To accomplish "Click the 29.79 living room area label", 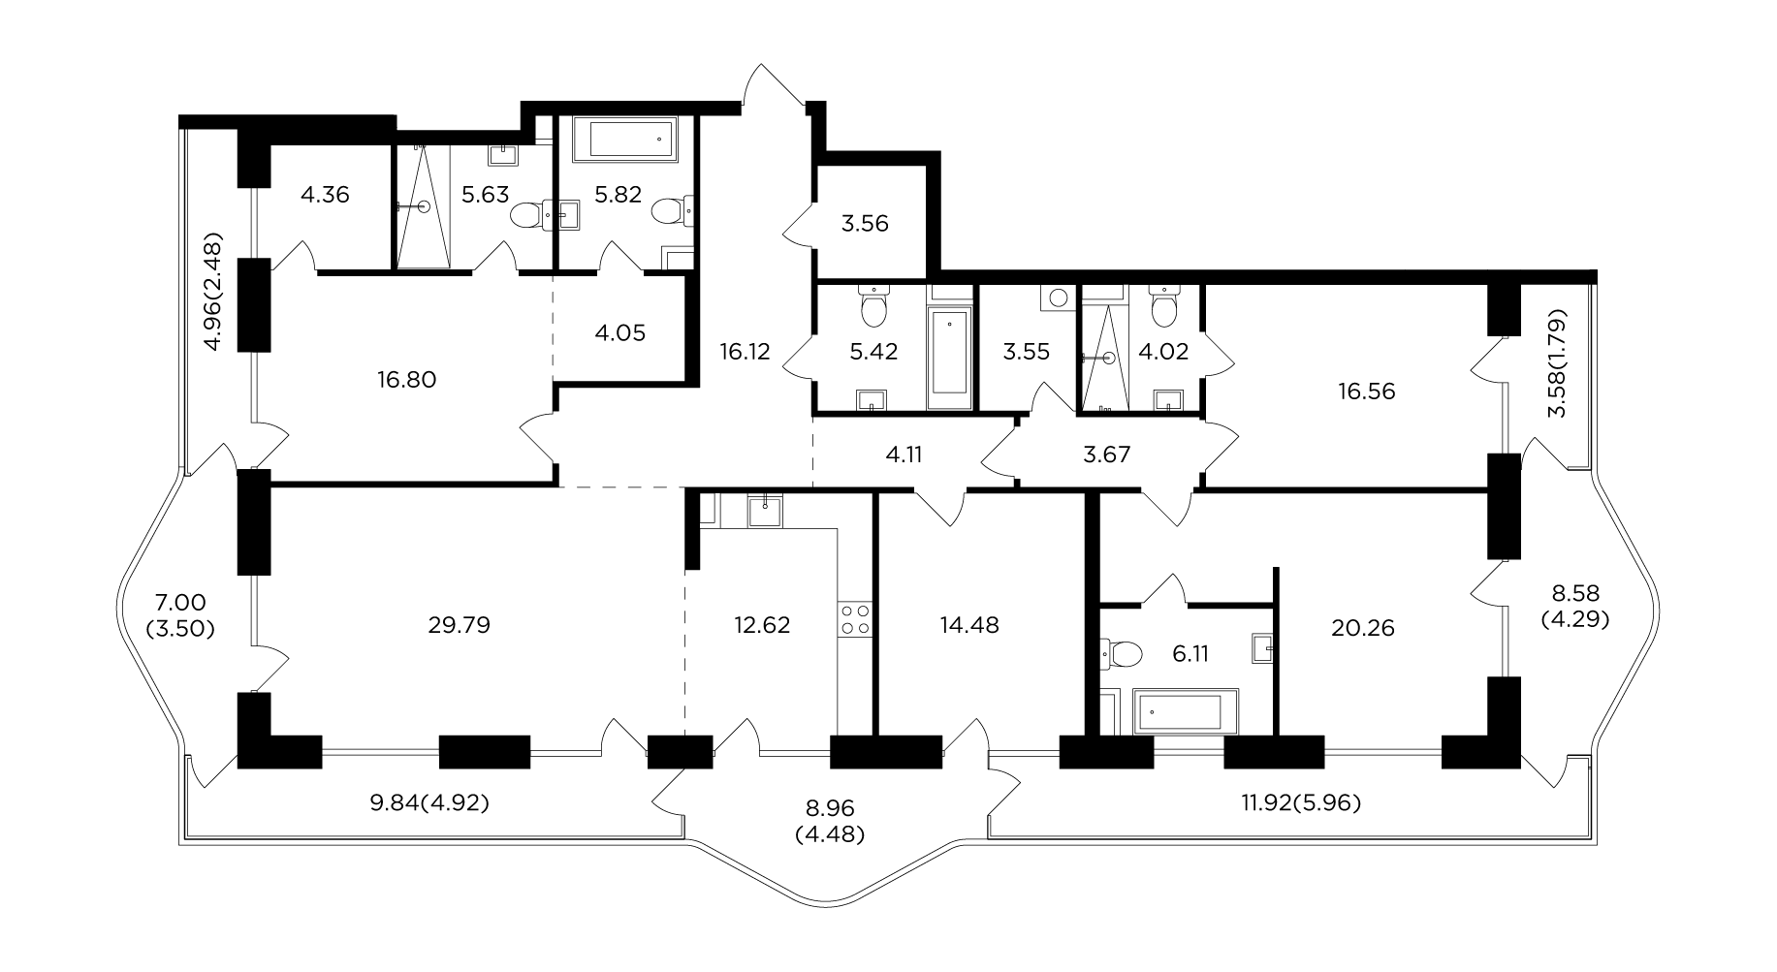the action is (x=459, y=625).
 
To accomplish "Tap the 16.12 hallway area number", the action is (x=745, y=351).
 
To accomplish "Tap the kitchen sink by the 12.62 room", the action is (x=766, y=509).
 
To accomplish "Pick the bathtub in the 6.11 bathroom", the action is (x=1186, y=710).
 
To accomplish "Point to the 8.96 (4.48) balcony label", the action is (x=829, y=820).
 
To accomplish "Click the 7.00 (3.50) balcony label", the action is (x=179, y=615).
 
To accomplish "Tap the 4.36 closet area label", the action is (x=325, y=195).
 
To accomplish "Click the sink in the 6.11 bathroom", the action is (x=1261, y=648).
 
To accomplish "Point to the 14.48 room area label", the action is (x=969, y=625).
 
